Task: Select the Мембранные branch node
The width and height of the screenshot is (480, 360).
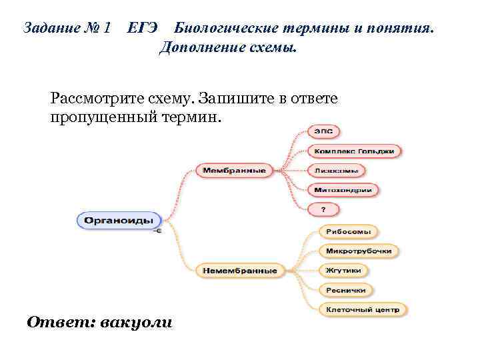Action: [x=234, y=171]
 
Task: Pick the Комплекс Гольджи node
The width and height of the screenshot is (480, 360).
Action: [x=355, y=151]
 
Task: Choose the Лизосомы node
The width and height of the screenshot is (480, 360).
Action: [x=337, y=171]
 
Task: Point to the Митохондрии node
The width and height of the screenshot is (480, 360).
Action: [x=343, y=190]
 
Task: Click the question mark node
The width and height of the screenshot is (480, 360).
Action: [x=323, y=209]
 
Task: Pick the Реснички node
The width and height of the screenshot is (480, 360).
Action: [x=345, y=290]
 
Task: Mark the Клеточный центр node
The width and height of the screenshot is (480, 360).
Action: [x=362, y=309]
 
